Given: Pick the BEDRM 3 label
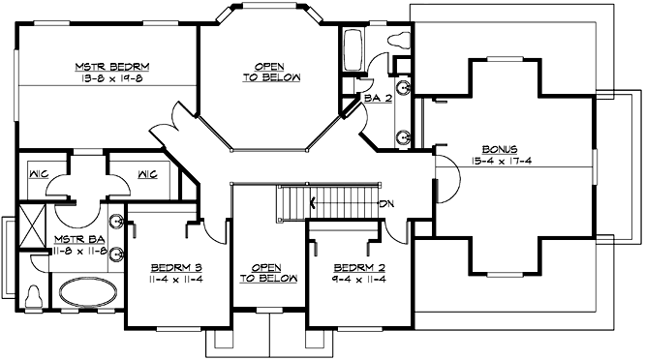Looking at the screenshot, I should coord(175,267).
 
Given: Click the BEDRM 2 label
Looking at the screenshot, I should coord(354,267).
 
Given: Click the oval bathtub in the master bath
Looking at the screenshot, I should coord(88,293).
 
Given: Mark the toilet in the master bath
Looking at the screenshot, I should coord(34,294).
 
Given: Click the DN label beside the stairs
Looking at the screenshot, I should coord(387,203).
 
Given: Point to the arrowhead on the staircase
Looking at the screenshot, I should coord(313,203).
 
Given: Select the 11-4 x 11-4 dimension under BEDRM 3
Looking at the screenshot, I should coord(175,279).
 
